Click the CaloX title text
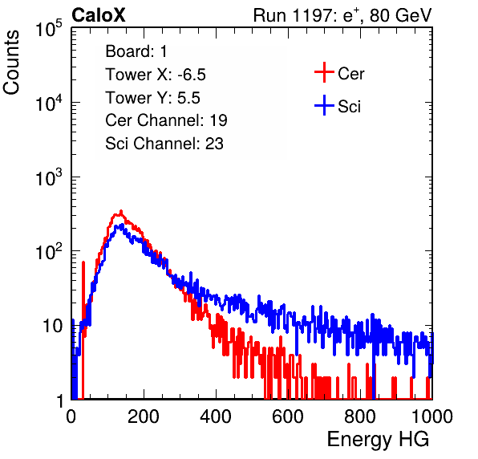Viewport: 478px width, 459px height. (99, 15)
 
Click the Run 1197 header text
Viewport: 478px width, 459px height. (342, 15)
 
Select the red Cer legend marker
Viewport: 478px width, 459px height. (324, 72)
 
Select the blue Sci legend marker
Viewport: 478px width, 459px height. (324, 105)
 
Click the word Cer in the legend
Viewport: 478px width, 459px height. (350, 74)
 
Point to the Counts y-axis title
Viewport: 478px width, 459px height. (11, 63)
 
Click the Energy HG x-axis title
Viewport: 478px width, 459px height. (378, 439)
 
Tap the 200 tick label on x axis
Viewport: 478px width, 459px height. (144, 416)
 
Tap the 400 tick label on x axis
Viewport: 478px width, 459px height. (216, 416)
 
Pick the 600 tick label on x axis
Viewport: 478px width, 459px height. (288, 416)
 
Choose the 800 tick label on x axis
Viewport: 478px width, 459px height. (360, 416)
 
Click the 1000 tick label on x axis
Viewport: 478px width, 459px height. (432, 416)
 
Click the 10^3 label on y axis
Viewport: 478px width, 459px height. (49, 177)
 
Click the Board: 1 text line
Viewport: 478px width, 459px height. (136, 51)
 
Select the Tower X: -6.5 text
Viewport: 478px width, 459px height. (156, 75)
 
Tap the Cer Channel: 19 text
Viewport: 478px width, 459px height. (166, 120)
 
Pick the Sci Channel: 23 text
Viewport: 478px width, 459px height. (164, 144)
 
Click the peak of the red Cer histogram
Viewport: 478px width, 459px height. (121, 211)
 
